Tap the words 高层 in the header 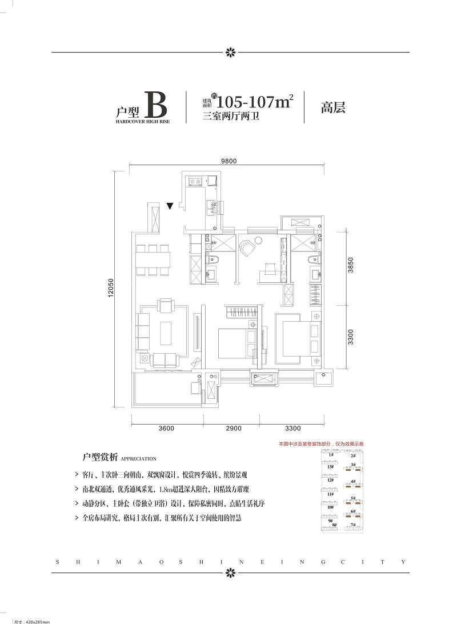point(333,107)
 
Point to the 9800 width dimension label point(228,161)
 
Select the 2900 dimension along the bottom point(233,428)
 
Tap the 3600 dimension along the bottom point(166,428)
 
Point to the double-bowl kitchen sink point(195,182)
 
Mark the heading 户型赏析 point(100,458)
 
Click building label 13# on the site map point(331,466)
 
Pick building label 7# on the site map point(354,524)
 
